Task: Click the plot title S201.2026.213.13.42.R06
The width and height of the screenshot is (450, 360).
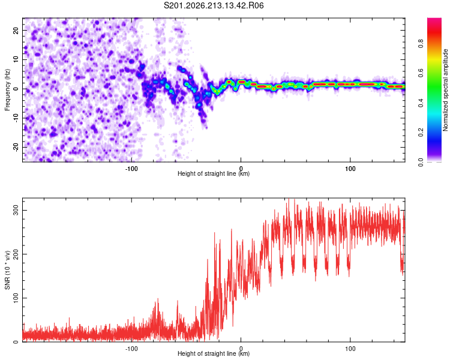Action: (x=214, y=5)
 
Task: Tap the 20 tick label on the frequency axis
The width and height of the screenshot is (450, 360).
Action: (x=16, y=31)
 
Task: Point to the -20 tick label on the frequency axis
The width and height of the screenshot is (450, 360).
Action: (x=16, y=147)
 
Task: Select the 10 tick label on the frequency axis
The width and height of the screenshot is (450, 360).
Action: (x=16, y=59)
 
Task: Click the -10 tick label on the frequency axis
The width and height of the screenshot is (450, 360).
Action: (x=16, y=118)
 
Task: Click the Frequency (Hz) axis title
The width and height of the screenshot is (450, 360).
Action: (x=7, y=90)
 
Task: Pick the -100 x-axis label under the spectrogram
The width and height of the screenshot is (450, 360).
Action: (x=131, y=169)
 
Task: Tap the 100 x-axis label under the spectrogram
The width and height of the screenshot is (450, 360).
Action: (x=350, y=169)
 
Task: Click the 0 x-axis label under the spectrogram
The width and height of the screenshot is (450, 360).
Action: (x=241, y=169)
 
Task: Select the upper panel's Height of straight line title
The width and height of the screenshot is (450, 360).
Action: (x=214, y=173)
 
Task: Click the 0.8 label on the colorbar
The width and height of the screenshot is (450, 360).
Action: (x=421, y=44)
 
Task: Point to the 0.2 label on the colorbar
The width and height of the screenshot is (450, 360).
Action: (x=421, y=133)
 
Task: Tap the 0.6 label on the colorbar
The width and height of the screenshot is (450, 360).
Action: (x=421, y=73)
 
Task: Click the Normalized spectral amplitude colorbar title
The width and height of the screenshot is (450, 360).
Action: (x=445, y=90)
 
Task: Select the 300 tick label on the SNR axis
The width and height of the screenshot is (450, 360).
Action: (x=16, y=210)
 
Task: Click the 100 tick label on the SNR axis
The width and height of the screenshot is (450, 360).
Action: (x=16, y=298)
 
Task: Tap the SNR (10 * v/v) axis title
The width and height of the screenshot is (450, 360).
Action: (x=7, y=270)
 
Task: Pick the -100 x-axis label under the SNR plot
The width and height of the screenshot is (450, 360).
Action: (x=131, y=349)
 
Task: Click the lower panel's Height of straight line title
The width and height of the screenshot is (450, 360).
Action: (x=214, y=353)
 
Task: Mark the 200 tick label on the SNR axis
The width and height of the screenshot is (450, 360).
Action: (x=16, y=254)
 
